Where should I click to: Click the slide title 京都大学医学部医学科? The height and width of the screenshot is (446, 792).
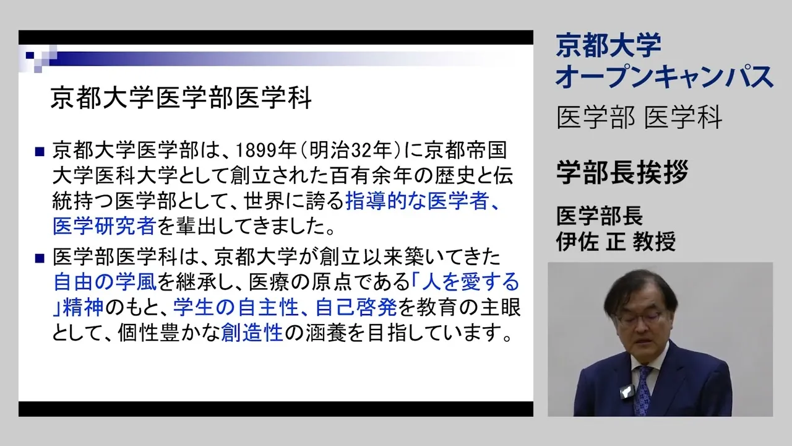181,98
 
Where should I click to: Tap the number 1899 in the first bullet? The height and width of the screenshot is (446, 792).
256,150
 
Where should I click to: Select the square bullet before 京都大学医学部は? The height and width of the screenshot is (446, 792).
40,152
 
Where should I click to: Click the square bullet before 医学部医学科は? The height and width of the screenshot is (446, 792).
40,258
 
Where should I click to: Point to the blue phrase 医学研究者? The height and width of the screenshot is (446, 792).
105,226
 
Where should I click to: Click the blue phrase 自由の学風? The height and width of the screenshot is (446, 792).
105,282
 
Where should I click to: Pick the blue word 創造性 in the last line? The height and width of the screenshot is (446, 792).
252,333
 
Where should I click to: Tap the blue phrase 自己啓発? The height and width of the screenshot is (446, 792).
356,307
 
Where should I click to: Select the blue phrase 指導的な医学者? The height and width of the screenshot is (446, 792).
418,201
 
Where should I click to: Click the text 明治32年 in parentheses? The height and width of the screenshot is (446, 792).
351,150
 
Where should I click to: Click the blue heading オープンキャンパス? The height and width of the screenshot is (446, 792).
665,76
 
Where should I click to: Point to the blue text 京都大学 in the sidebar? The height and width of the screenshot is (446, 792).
608,45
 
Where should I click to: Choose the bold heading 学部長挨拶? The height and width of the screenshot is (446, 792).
622,172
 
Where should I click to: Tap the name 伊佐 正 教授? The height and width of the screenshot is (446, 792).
616,242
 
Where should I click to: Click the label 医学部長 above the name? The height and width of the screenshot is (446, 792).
600,216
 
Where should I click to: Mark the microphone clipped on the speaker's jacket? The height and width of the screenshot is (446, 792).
627,391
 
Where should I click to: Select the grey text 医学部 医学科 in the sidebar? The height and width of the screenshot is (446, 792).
639,117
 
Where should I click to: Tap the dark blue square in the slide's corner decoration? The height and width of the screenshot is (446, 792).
30,55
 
